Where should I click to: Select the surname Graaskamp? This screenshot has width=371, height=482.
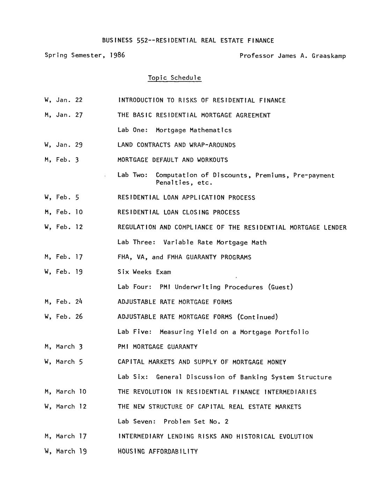click(x=329, y=56)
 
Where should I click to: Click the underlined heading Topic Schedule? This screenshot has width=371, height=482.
click(x=174, y=78)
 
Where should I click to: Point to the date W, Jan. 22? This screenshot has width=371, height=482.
click(x=64, y=100)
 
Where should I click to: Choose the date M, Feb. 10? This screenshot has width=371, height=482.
click(x=64, y=212)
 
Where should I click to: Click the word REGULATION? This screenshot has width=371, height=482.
click(x=137, y=227)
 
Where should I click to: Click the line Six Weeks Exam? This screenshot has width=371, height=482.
click(x=144, y=272)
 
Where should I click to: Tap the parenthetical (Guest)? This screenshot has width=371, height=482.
click(x=281, y=287)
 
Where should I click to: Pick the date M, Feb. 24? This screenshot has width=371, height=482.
click(x=64, y=302)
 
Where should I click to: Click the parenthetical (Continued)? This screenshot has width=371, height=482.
click(x=258, y=317)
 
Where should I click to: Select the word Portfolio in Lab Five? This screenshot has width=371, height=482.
click(x=292, y=332)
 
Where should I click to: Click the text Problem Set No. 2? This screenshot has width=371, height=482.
click(x=196, y=422)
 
